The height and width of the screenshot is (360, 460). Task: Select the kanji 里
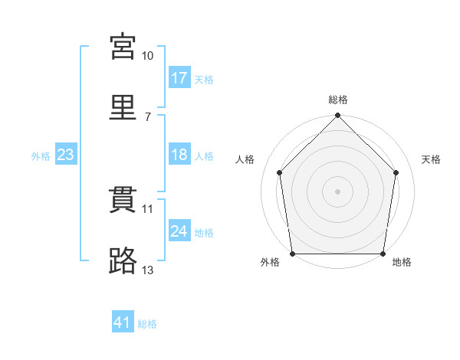pyautogui.click(x=123, y=107)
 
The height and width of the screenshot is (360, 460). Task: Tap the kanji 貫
pyautogui.click(x=123, y=201)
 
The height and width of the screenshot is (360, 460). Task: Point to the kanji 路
pyautogui.click(x=123, y=261)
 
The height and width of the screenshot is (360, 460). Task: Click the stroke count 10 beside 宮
pyautogui.click(x=148, y=56)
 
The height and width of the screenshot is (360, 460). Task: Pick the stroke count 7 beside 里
pyautogui.click(x=148, y=116)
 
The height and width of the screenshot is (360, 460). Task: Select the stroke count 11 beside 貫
pyautogui.click(x=148, y=208)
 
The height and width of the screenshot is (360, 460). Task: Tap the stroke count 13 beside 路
pyautogui.click(x=148, y=270)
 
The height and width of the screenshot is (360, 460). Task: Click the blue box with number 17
pyautogui.click(x=179, y=78)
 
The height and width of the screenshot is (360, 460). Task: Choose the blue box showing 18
pyautogui.click(x=179, y=155)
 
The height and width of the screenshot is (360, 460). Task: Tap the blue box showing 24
pyautogui.click(x=179, y=231)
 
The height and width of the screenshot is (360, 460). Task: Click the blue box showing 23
pyautogui.click(x=65, y=155)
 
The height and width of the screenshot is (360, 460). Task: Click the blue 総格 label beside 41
pyautogui.click(x=147, y=325)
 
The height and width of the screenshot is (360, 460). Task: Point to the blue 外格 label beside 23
pyautogui.click(x=41, y=156)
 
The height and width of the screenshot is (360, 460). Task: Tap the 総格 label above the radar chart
pyautogui.click(x=338, y=100)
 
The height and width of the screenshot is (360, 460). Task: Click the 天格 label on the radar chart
pyautogui.click(x=431, y=159)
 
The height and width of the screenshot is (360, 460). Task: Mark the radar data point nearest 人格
pyautogui.click(x=280, y=172)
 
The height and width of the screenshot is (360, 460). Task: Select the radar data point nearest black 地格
pyautogui.click(x=383, y=254)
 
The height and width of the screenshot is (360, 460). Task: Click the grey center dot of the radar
pyautogui.click(x=338, y=191)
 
